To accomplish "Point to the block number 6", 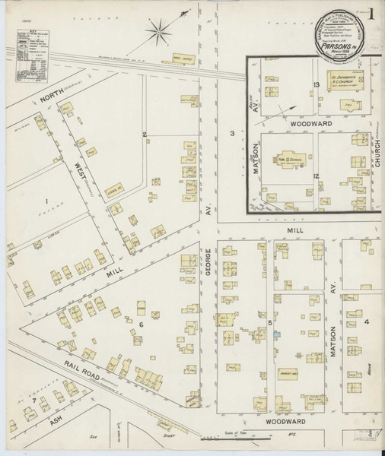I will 141,325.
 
